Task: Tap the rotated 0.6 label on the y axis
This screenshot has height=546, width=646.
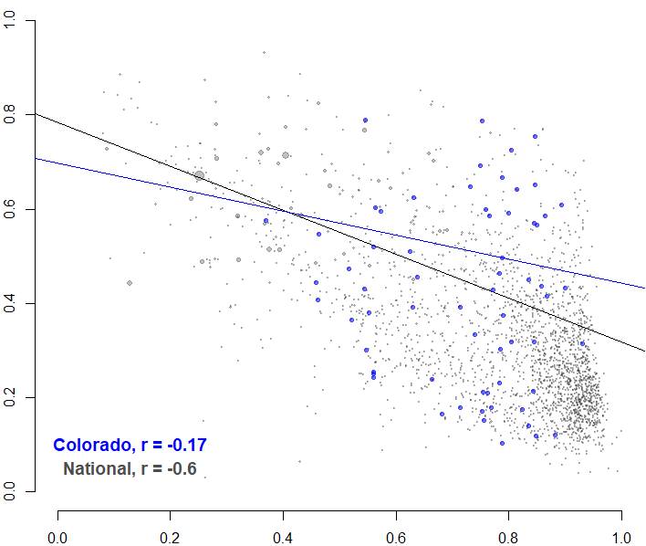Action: [x=11, y=209]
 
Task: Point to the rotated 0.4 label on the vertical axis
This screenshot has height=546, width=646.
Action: [x=11, y=303]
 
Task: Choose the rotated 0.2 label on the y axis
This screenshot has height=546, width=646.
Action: [x=11, y=397]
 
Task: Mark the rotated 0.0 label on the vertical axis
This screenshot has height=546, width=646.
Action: [x=11, y=491]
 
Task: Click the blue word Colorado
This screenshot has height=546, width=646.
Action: [x=92, y=446]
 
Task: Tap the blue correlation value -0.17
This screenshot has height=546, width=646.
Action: [x=181, y=446]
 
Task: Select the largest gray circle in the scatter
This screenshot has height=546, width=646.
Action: [x=199, y=175]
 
